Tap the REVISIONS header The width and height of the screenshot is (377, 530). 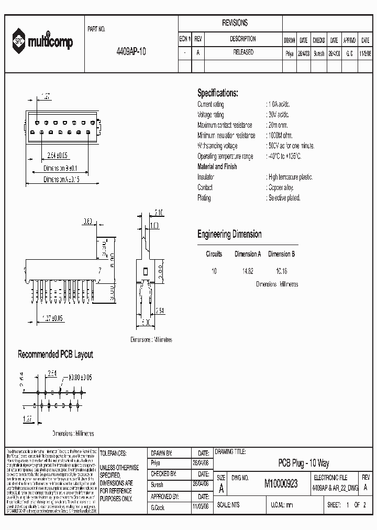pos(235,23)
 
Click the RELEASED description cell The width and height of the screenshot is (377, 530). pos(242,53)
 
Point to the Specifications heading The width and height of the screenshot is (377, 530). pos(217,93)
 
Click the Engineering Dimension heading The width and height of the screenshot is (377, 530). pos(229,234)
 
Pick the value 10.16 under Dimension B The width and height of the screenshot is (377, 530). pos(281,271)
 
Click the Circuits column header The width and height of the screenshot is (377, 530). pos(214,254)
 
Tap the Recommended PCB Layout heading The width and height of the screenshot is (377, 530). pos(56,355)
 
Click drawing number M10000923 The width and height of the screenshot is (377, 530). pos(281,484)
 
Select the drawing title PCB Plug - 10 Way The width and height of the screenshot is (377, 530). pos(303,463)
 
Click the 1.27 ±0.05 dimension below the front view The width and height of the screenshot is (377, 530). pos(52,318)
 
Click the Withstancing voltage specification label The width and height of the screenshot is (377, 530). pos(217,146)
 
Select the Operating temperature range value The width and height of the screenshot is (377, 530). pos(284,157)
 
